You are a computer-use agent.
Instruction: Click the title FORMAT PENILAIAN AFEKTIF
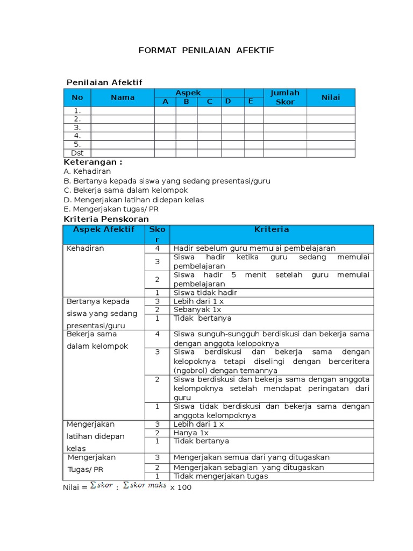[206, 50]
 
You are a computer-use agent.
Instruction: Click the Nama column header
[123, 97]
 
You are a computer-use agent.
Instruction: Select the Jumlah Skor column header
[285, 97]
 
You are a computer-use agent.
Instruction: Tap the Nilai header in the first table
[331, 97]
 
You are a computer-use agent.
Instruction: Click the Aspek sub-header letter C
[210, 102]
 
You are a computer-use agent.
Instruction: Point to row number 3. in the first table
[77, 128]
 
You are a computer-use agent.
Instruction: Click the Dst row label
[77, 153]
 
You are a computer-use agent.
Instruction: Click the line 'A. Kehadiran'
[87, 171]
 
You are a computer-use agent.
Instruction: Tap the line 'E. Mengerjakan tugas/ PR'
[111, 209]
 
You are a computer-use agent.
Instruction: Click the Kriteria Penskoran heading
[106, 219]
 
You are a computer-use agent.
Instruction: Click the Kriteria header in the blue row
[272, 229]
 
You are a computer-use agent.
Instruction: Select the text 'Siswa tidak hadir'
[205, 293]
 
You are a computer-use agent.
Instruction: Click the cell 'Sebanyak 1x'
[197, 310]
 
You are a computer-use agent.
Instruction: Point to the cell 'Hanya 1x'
[191, 433]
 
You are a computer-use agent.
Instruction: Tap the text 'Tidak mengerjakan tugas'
[220, 476]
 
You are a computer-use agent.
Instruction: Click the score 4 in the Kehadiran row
[158, 248]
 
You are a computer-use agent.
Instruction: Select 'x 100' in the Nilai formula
[181, 488]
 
